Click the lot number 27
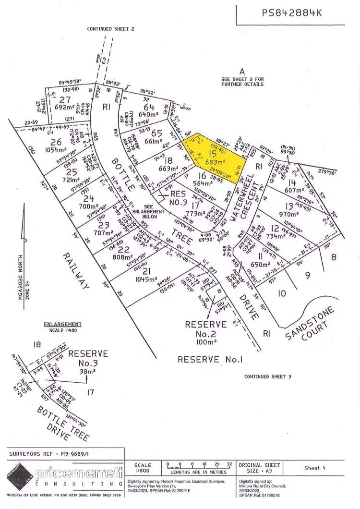[x=65, y=100]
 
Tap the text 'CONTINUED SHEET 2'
[x=110, y=29]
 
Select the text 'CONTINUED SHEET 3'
[x=267, y=376]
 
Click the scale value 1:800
[x=143, y=471]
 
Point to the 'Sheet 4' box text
[x=318, y=468]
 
